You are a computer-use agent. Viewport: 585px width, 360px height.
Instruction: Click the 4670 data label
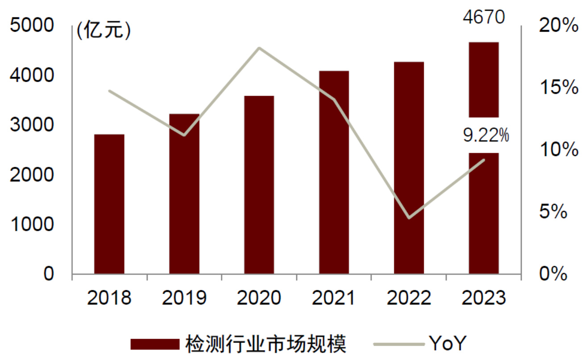coord(484,18)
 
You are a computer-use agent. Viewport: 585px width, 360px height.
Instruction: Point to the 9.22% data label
coord(486,135)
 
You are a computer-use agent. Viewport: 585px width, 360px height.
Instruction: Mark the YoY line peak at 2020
coord(259,48)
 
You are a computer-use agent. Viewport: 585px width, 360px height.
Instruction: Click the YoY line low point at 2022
coord(409,218)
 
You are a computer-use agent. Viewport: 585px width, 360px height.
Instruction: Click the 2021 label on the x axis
coord(334,298)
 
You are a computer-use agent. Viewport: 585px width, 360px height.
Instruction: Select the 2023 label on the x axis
coord(484,298)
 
